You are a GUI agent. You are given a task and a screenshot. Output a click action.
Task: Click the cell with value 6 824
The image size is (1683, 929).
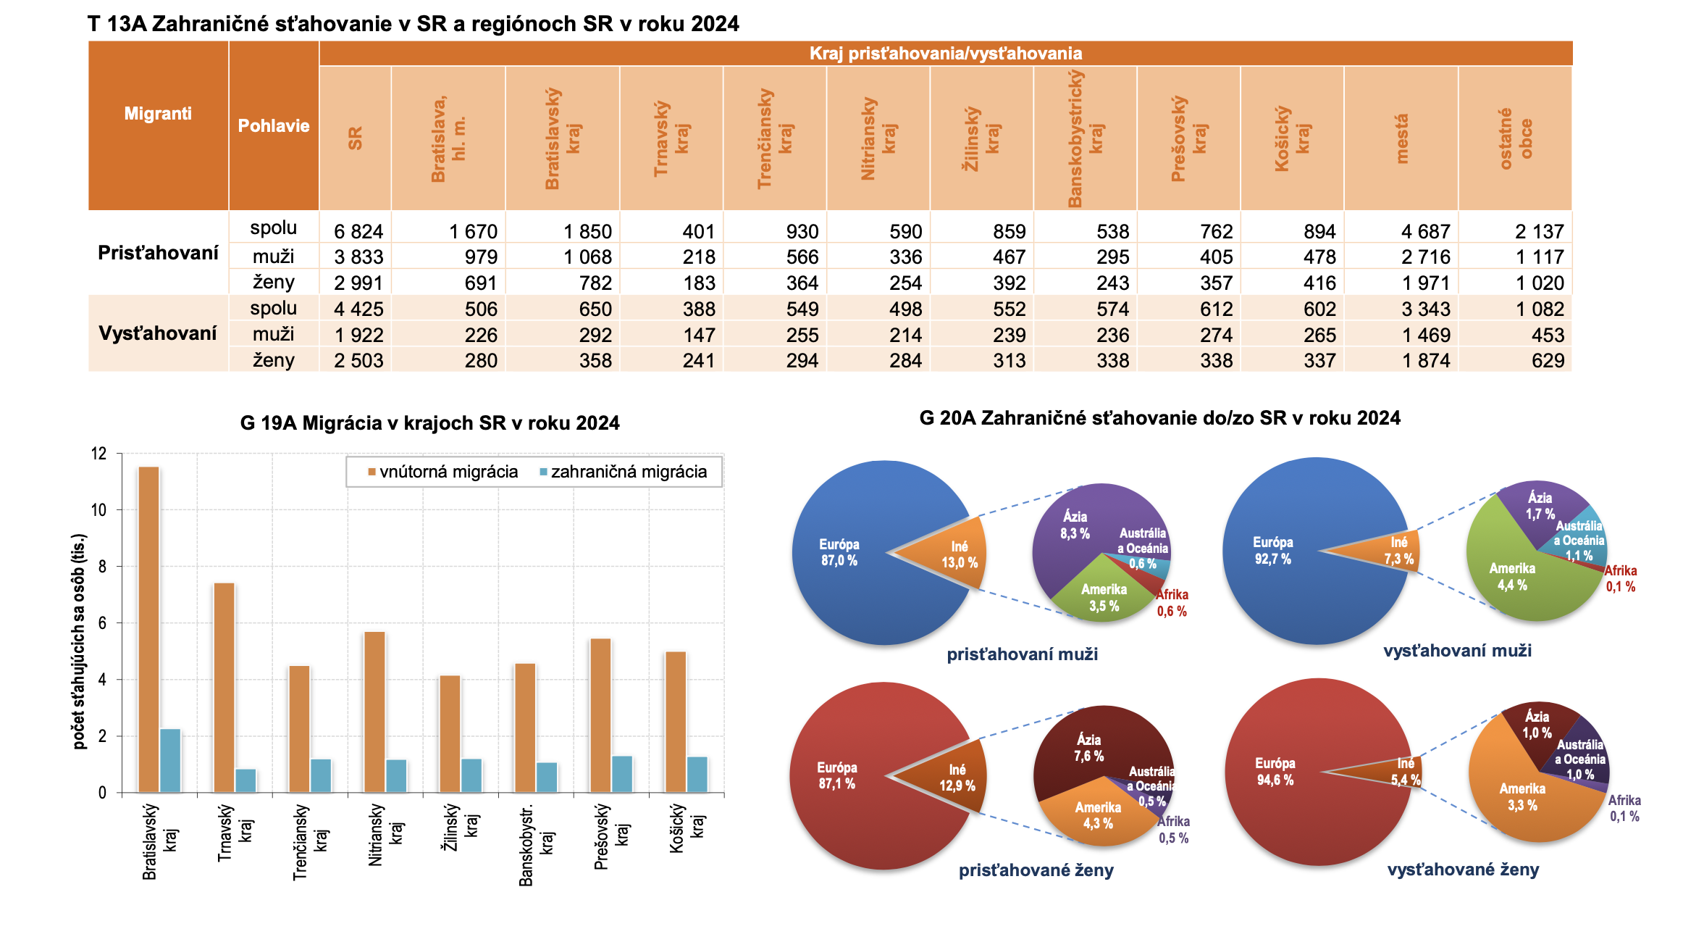click(x=358, y=231)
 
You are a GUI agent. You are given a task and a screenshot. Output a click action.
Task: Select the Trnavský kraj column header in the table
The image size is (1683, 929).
click(x=671, y=138)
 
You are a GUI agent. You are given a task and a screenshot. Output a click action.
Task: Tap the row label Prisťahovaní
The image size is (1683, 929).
click(x=158, y=253)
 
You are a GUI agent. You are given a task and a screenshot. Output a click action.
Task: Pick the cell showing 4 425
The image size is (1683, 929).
click(x=358, y=309)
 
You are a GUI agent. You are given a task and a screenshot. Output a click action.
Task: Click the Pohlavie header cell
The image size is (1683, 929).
click(x=274, y=125)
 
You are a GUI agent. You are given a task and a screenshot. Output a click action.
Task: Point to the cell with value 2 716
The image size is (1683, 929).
click(x=1425, y=257)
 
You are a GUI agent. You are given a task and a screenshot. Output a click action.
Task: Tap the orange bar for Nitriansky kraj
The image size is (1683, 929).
click(x=374, y=712)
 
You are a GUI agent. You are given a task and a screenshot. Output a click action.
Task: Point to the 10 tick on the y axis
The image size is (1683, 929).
click(x=98, y=510)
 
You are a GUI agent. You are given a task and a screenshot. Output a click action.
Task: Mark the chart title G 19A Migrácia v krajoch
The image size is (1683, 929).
click(x=429, y=422)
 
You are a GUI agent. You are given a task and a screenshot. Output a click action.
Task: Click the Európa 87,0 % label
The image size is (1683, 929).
click(x=839, y=552)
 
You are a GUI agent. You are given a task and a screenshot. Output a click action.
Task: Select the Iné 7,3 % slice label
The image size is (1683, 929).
click(x=1398, y=551)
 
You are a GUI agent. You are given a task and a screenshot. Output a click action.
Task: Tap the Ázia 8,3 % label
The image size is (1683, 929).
click(x=1075, y=525)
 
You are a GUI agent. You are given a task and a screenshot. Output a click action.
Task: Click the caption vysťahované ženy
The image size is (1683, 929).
click(x=1463, y=870)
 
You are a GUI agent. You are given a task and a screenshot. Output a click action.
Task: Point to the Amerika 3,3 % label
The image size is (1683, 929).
click(x=1522, y=796)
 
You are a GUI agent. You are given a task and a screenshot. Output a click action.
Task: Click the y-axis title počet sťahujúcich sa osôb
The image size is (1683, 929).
click(x=79, y=641)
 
